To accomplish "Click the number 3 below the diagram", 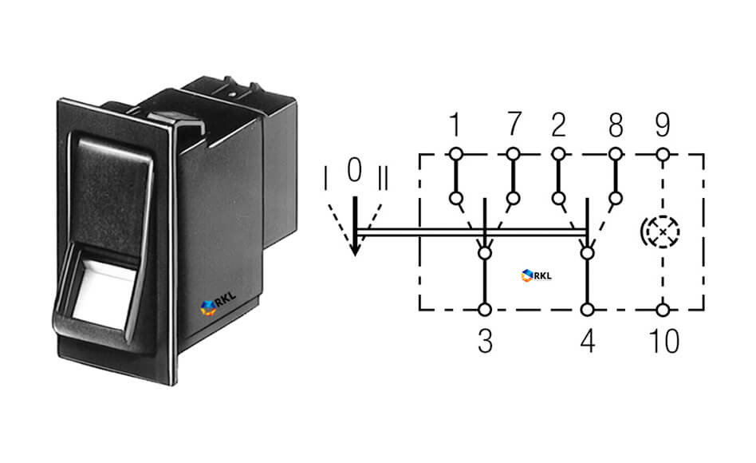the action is tap(485, 342).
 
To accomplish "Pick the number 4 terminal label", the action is tap(588, 342).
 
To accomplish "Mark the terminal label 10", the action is tap(664, 342).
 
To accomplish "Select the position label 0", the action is tap(354, 170).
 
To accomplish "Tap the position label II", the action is tap(383, 178).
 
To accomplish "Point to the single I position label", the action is tap(326, 178).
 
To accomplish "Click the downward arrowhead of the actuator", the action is tap(355, 248).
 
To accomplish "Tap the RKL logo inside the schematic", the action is tap(536, 275).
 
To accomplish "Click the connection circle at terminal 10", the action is tap(663, 310).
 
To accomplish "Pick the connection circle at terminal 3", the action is tap(485, 310).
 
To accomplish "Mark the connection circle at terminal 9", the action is tap(663, 155).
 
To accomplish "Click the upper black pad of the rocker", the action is tap(112, 193).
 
